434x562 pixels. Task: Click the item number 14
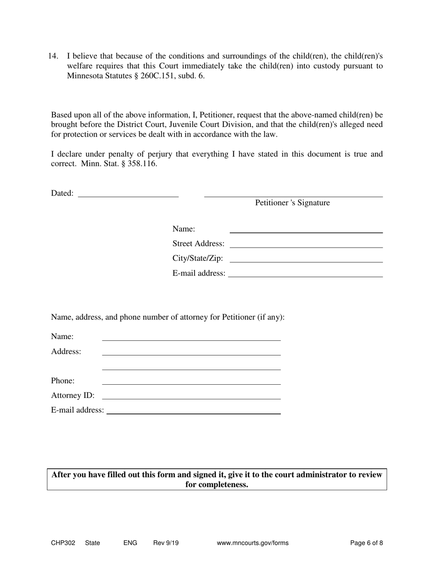tap(53, 56)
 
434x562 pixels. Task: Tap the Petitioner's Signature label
tap(292, 203)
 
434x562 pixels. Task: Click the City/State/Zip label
tap(198, 259)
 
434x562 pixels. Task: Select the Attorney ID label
tap(73, 396)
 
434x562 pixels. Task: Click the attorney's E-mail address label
tap(77, 410)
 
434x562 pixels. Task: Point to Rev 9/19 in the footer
tap(166, 543)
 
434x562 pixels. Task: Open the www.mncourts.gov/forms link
tap(253, 543)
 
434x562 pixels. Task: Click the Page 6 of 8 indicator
tap(366, 543)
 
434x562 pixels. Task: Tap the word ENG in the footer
tap(130, 543)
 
